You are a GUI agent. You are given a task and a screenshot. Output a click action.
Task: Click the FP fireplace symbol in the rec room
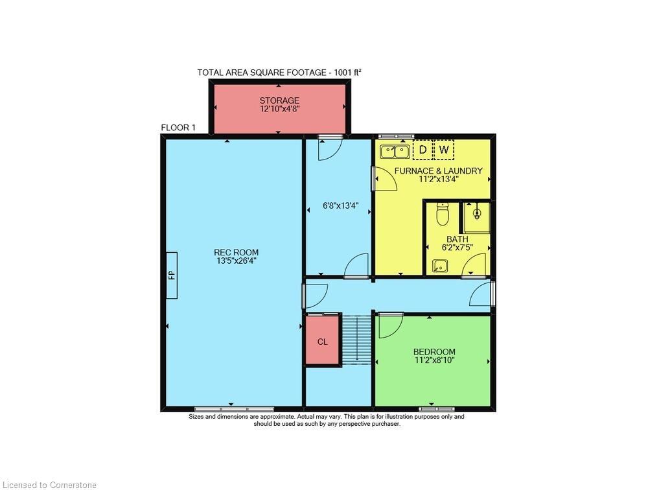[171, 275]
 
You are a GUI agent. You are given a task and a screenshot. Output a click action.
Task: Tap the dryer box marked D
[422, 150]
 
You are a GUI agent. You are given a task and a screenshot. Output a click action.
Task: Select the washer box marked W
[444, 150]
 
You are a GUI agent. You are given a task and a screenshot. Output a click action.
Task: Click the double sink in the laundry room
[394, 152]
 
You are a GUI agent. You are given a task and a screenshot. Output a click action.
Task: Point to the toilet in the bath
[443, 213]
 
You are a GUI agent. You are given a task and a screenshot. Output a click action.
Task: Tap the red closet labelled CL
[322, 341]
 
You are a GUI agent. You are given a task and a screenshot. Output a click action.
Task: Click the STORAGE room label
[279, 100]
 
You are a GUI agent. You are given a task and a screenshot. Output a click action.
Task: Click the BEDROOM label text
[434, 352]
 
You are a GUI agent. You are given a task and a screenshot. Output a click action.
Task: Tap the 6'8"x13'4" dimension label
[341, 206]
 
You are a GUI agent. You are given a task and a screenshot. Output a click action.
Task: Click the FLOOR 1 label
[178, 128]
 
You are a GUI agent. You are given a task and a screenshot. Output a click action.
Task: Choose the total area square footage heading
[279, 73]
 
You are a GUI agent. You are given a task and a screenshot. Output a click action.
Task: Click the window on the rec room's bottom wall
[234, 409]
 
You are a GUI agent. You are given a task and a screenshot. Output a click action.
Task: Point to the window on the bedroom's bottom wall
[436, 409]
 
